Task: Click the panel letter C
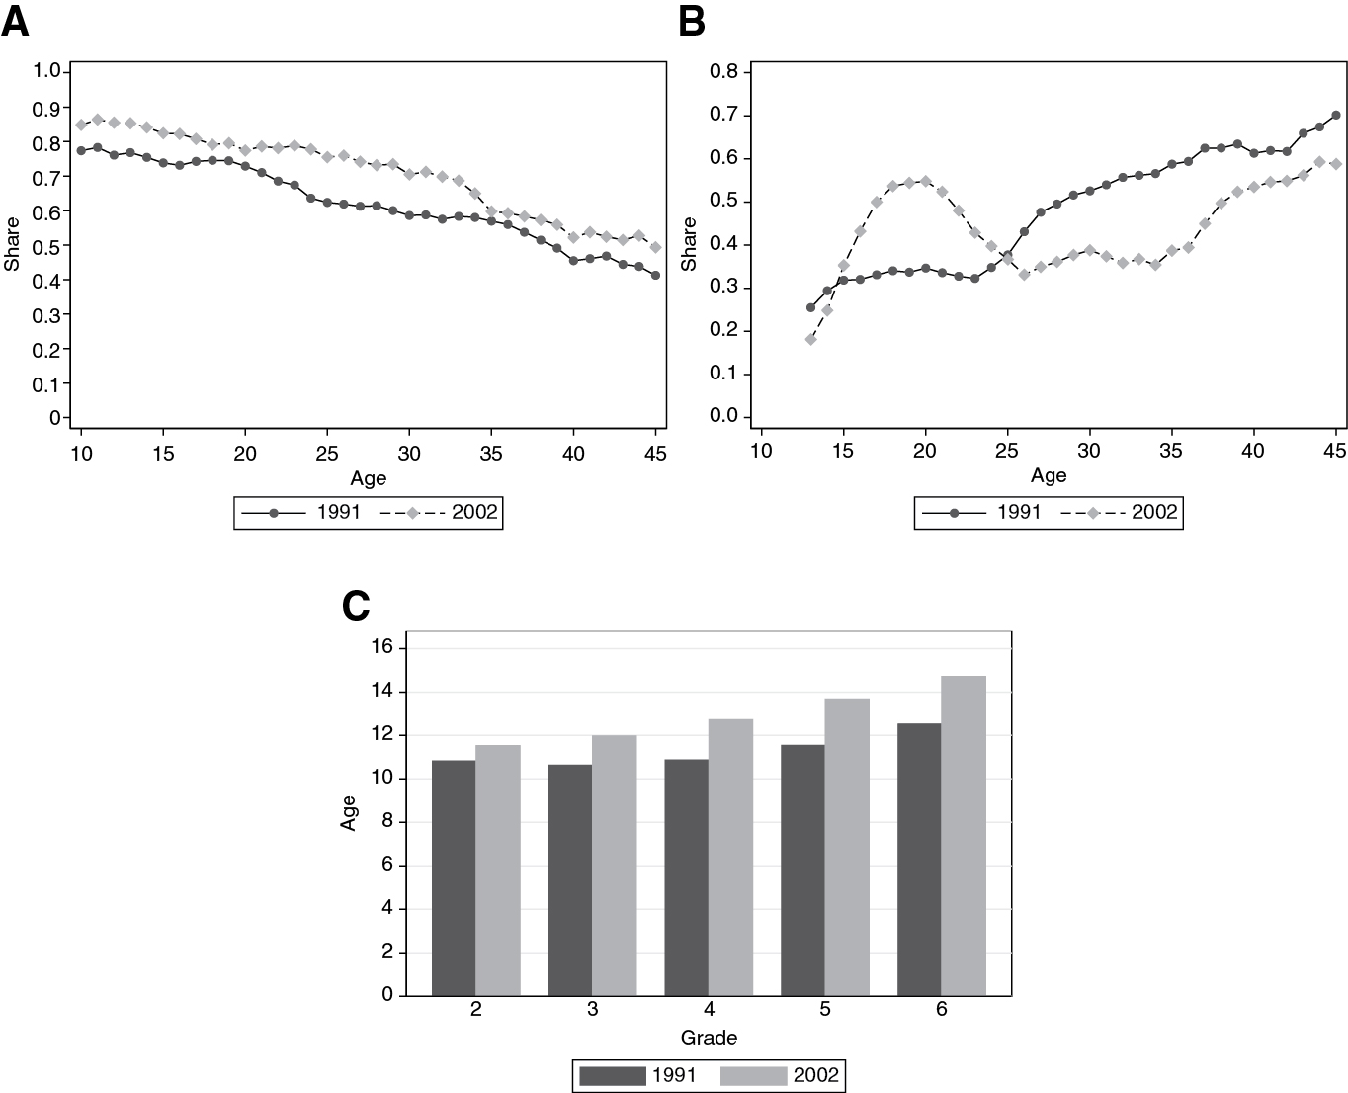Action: click(356, 606)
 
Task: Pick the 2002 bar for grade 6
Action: click(964, 835)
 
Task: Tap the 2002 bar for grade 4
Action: click(730, 857)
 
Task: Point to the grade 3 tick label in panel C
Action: click(592, 1010)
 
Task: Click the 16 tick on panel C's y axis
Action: click(381, 647)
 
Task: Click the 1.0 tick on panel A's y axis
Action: click(47, 71)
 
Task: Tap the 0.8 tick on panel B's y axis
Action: click(725, 72)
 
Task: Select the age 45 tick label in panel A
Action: click(655, 454)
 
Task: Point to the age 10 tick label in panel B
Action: click(760, 451)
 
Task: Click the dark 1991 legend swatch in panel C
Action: click(612, 1076)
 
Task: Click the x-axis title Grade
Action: click(709, 1038)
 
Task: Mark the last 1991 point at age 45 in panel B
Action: click(1336, 115)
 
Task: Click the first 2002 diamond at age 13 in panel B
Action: click(810, 339)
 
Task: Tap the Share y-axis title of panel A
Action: click(13, 245)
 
